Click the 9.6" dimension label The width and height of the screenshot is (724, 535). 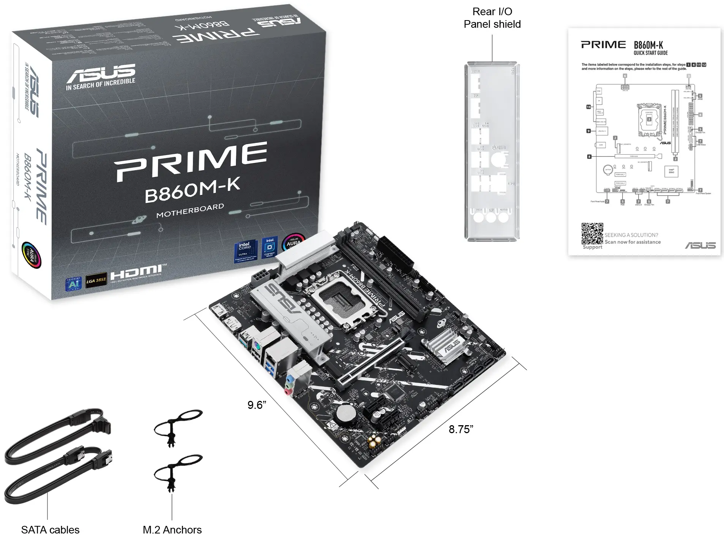pyautogui.click(x=257, y=405)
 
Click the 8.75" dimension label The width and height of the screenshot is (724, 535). pyautogui.click(x=461, y=429)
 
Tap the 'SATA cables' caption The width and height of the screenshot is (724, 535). pyautogui.click(x=50, y=529)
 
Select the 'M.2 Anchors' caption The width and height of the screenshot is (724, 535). pyautogui.click(x=172, y=529)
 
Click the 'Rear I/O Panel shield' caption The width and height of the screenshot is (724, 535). pyautogui.click(x=492, y=18)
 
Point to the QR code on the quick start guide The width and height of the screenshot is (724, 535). pyautogui.click(x=592, y=233)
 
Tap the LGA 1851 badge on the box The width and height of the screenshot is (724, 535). pyautogui.click(x=96, y=281)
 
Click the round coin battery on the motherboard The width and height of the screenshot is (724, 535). pyautogui.click(x=346, y=412)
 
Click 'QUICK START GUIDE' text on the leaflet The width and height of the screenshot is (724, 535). pyautogui.click(x=650, y=53)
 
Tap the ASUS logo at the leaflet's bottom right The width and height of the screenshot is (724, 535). pyautogui.click(x=700, y=245)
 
